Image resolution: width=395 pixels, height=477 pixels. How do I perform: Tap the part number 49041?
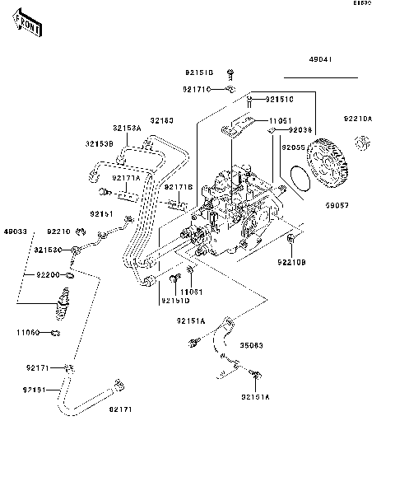[321, 61]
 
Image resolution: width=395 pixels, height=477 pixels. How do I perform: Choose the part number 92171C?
[197, 89]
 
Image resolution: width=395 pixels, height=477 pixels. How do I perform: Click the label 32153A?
[128, 129]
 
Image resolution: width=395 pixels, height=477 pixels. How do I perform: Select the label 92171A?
[127, 177]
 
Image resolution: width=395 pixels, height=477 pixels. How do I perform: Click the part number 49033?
[16, 231]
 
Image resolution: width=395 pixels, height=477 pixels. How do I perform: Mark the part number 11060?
[27, 332]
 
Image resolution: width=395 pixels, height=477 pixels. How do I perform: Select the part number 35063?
[251, 347]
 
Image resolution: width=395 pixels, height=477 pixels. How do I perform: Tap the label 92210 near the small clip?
[60, 231]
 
